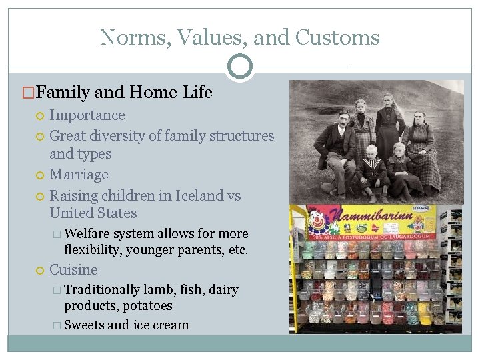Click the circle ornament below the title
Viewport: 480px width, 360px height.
pos(240,66)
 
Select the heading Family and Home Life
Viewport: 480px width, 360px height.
pos(125,93)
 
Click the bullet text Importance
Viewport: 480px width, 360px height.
pos(87,115)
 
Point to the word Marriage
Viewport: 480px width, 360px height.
pos(79,175)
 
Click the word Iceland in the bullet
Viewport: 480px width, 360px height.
pos(199,196)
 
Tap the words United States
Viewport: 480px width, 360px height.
pos(93,213)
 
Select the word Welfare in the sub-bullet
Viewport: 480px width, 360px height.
pos(87,234)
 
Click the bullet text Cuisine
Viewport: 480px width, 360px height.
pos(73,270)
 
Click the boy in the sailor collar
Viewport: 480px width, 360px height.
pos(371,170)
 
